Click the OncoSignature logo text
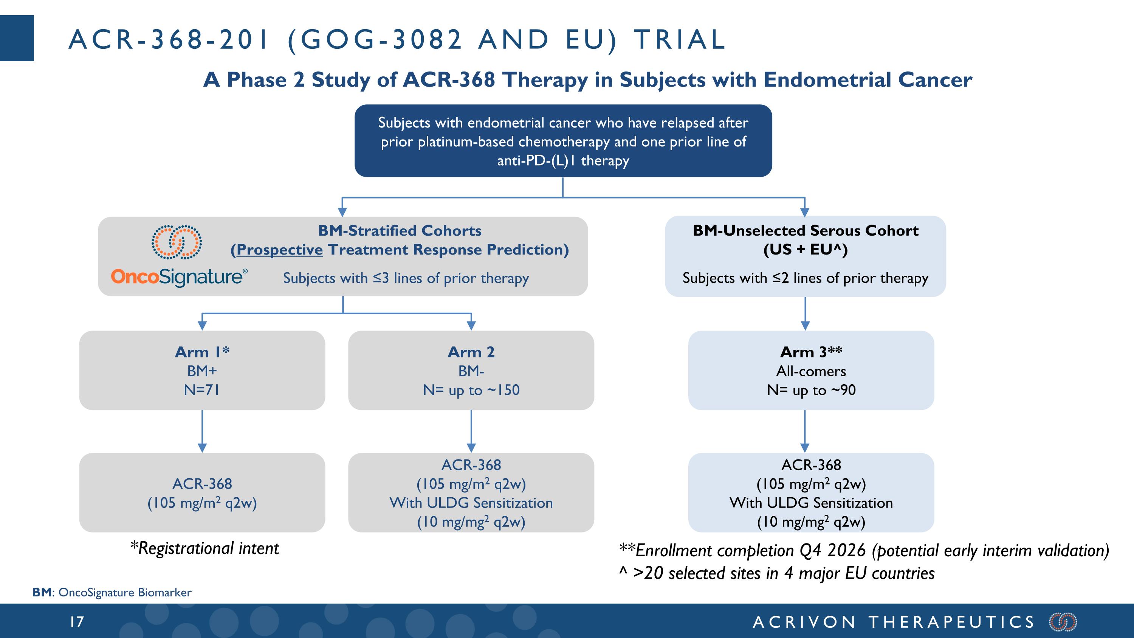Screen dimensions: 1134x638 tap(179, 277)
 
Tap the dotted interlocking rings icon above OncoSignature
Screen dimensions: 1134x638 tap(177, 242)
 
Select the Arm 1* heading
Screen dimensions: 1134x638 tap(202, 352)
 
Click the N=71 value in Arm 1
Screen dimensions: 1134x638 tap(202, 390)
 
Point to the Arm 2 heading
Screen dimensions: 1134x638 tap(471, 352)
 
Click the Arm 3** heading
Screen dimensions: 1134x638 tap(811, 352)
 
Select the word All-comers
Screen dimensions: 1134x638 tap(811, 371)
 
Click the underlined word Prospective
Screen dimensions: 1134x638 tap(280, 250)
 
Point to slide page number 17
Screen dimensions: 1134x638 tap(77, 622)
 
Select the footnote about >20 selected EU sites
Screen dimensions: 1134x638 tap(777, 573)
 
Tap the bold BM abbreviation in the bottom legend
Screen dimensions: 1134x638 tap(42, 592)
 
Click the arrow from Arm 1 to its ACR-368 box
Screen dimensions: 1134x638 tap(202, 432)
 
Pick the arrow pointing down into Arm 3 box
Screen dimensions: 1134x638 tap(805, 314)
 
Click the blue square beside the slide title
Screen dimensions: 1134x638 tap(17, 38)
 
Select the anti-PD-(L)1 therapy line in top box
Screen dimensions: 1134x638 tap(563, 161)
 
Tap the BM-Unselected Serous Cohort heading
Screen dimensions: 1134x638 tap(806, 230)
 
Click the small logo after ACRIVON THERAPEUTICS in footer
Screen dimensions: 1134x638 tap(1063, 622)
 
